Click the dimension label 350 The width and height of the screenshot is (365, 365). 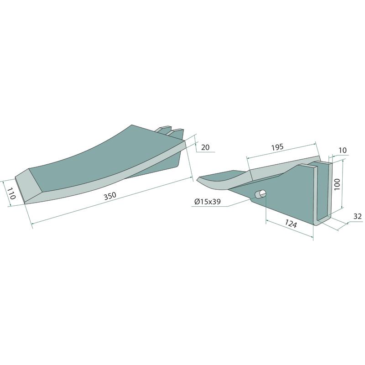tap(110, 196)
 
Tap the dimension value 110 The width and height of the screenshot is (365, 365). tap(11, 193)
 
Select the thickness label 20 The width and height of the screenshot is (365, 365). tap(205, 147)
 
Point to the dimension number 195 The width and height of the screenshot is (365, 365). tap(277, 147)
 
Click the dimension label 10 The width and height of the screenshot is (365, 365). tap(343, 150)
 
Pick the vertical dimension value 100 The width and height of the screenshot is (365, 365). tap(337, 184)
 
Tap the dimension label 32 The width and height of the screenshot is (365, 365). tap(357, 216)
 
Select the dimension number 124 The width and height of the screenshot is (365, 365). tap(291, 224)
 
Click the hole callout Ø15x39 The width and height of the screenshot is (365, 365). tap(208, 201)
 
